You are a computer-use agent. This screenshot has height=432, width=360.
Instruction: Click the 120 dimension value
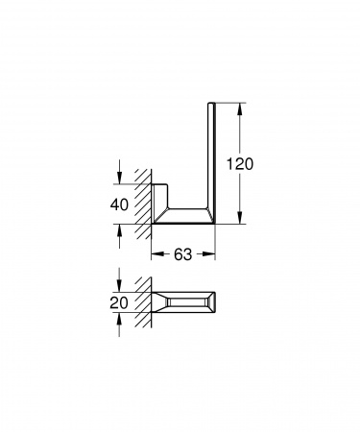point(241,164)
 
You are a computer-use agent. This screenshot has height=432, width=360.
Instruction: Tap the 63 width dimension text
point(183,255)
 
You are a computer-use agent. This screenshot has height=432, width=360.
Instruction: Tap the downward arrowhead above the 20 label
point(119,287)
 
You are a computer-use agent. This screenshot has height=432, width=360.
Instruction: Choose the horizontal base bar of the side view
point(182,217)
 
